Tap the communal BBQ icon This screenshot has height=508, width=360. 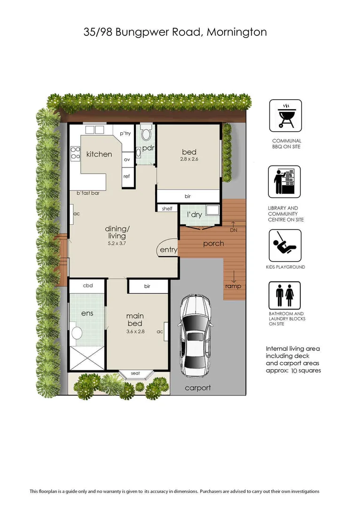(285, 116)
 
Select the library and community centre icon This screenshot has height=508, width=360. (284, 182)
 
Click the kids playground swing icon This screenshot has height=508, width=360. (285, 245)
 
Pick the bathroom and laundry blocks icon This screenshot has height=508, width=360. (284, 295)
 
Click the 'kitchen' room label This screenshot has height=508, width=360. (99, 154)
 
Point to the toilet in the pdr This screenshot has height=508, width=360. (146, 134)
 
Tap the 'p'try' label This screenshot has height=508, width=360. (125, 134)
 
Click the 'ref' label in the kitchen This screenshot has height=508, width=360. (127, 176)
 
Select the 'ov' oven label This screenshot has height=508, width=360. (127, 159)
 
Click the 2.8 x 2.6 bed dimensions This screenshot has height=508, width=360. (189, 159)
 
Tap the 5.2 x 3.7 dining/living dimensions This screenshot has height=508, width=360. (117, 244)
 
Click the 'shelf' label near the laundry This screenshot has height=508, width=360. (167, 208)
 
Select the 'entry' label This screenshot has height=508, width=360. (168, 250)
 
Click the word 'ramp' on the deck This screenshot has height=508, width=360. (234, 286)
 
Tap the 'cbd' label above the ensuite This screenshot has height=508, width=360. (87, 286)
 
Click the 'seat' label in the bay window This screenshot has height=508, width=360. (135, 373)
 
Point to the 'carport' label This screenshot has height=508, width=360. (198, 388)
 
